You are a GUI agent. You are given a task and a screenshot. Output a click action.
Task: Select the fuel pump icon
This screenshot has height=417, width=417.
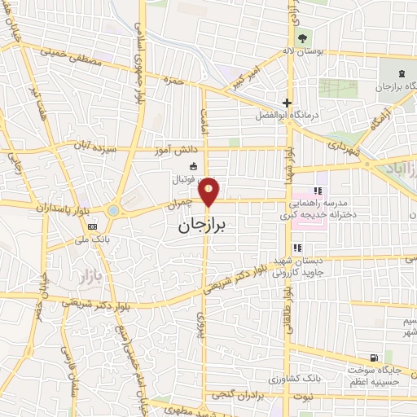tap(374, 358)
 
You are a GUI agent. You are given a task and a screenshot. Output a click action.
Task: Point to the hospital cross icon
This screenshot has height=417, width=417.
tap(286, 103)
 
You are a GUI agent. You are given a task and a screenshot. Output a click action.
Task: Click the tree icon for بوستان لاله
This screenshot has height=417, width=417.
tap(303, 37)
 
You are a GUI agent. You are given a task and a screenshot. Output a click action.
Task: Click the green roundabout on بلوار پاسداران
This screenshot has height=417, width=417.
tap(112, 211)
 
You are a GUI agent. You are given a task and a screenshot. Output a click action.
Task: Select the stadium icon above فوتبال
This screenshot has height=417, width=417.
tap(181, 165)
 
